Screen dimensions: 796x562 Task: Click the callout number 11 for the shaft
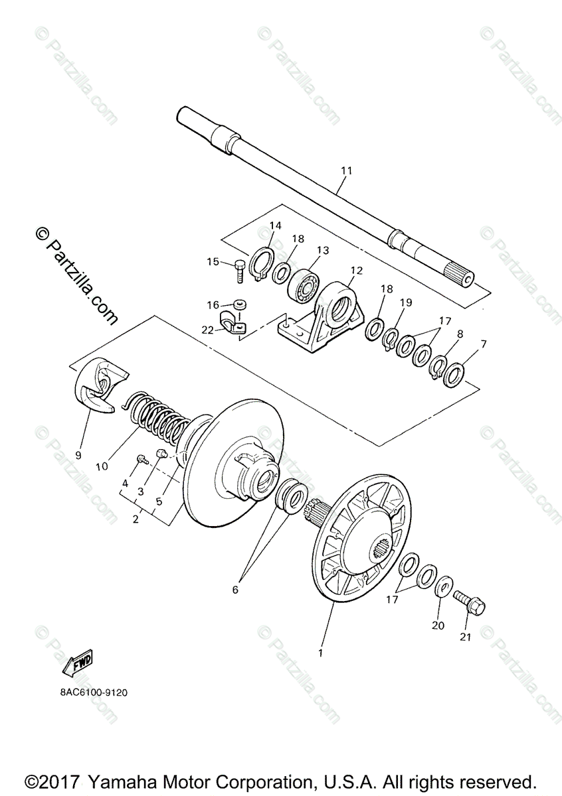pos(345,171)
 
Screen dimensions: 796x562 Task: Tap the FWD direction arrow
pos(78,663)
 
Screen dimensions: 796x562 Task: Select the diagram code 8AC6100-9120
pos(92,693)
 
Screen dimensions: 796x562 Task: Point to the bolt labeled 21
pos(470,602)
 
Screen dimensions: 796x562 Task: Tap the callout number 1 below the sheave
pos(320,653)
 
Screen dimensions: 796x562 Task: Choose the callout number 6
pos(234,589)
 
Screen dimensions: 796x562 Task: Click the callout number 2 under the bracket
pos(136,519)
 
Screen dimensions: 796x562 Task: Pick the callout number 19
pos(405,302)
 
